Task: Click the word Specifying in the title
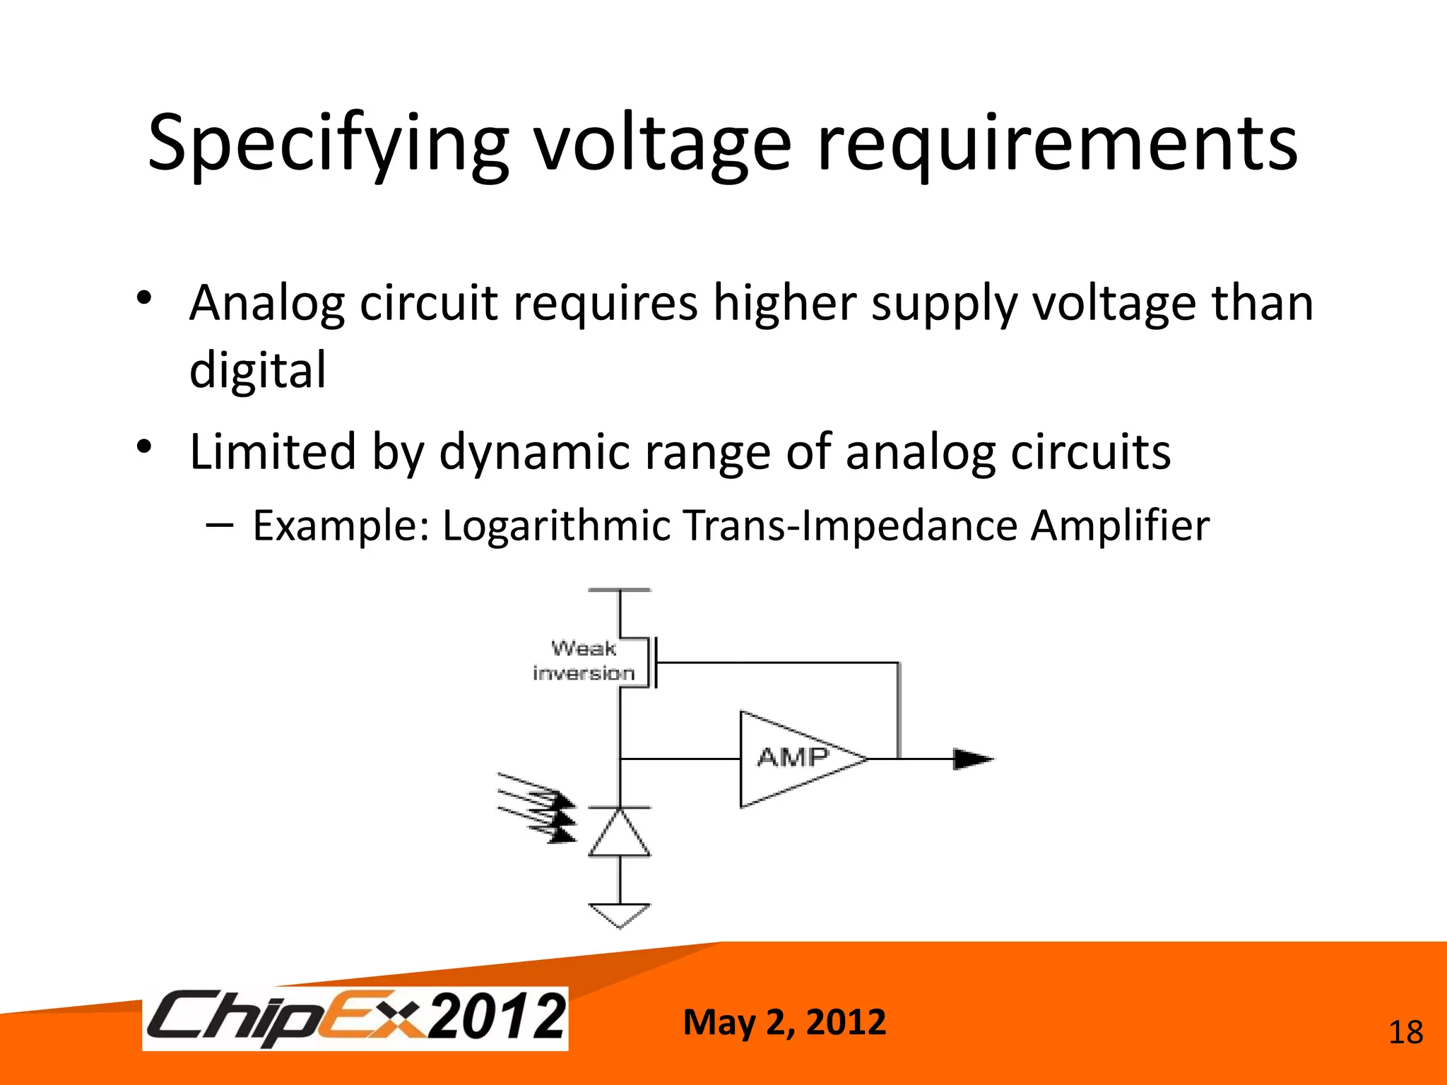pyautogui.click(x=327, y=145)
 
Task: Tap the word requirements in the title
pyautogui.click(x=1057, y=145)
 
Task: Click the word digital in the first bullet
pyautogui.click(x=258, y=370)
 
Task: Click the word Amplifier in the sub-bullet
pyautogui.click(x=1119, y=526)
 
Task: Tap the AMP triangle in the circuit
pyautogui.click(x=791, y=759)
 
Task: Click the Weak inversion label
pyautogui.click(x=584, y=661)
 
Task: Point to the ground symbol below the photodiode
pyautogui.click(x=620, y=915)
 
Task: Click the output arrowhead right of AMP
pyautogui.click(x=973, y=759)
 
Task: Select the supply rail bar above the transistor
pyautogui.click(x=620, y=590)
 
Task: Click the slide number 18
pyautogui.click(x=1405, y=1033)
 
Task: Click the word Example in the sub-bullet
pyautogui.click(x=340, y=526)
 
